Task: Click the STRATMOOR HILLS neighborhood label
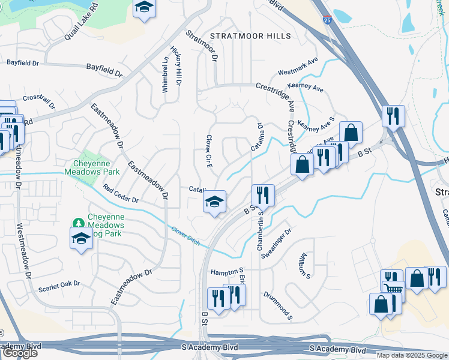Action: (250, 36)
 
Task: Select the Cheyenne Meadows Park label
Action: (92, 167)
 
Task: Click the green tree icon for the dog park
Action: (78, 223)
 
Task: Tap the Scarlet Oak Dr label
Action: (59, 283)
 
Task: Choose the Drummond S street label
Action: (277, 304)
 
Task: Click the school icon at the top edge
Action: (143, 8)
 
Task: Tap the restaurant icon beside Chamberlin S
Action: (263, 195)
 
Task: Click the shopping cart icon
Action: (394, 291)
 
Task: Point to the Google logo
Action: (20, 353)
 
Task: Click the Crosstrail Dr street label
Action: (39, 101)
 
